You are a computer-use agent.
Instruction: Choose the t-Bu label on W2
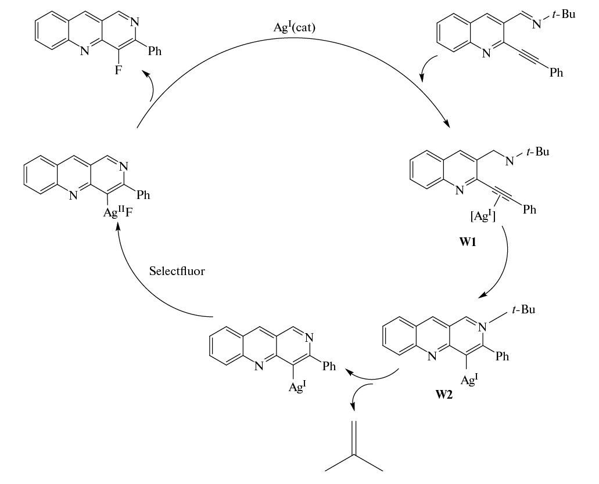[x=521, y=310]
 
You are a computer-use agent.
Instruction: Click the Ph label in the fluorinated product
[x=155, y=50]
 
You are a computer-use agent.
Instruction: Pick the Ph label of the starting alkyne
[x=555, y=73]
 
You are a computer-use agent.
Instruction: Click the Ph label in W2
[x=502, y=356]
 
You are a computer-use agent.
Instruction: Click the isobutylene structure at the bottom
[x=354, y=446]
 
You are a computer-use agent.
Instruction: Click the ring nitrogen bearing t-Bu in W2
[x=481, y=327]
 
